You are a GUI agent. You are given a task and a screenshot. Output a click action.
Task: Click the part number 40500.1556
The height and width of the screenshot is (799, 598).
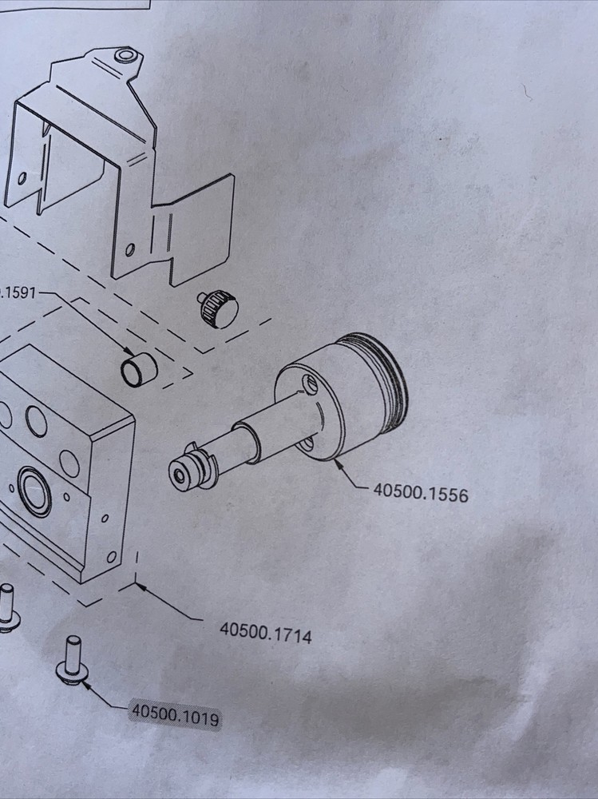420,492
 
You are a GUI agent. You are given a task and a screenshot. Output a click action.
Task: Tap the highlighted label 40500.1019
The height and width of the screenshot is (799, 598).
175,713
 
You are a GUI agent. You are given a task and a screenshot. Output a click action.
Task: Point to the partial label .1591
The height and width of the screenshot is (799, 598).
16,294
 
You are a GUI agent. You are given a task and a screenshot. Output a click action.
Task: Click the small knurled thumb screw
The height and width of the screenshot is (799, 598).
216,308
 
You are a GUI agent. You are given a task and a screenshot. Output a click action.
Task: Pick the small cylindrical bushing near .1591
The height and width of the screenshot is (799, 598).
137,368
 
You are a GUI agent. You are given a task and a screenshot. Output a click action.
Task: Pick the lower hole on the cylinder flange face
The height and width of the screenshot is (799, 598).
308,444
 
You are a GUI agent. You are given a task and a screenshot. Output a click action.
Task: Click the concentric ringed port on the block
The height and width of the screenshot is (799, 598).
34,492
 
